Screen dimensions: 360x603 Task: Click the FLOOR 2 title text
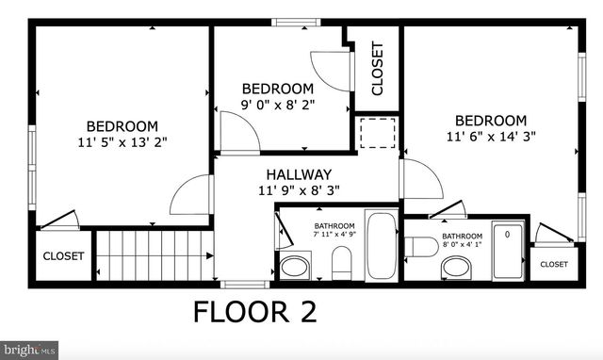tap(254, 311)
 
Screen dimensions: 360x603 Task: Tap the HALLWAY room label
tap(299, 174)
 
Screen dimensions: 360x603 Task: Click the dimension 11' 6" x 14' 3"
tap(491, 136)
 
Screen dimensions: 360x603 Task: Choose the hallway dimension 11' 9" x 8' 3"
tap(299, 189)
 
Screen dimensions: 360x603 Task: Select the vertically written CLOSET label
tap(378, 69)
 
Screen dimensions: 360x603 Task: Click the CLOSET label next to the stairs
tap(63, 256)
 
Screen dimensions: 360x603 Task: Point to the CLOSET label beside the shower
tap(554, 265)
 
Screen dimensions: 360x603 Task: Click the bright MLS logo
tap(29, 350)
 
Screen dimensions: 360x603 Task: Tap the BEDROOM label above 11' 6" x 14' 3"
tap(491, 120)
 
